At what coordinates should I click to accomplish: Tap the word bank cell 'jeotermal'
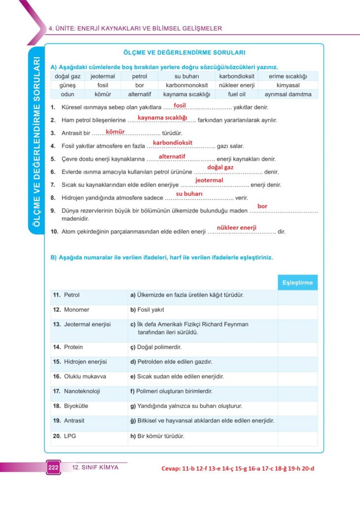(103, 76)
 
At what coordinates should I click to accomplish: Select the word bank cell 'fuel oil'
(237, 94)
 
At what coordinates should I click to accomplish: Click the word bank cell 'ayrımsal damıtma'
(288, 94)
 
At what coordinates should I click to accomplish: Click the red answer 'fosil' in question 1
(180, 105)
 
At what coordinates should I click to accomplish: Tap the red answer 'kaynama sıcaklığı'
(162, 117)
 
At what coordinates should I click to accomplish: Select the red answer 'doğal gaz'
(220, 167)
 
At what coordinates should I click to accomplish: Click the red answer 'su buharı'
(189, 194)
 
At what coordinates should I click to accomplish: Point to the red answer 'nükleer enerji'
(237, 227)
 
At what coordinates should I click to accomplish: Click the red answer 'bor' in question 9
(262, 206)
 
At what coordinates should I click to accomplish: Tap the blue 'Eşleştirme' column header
(297, 283)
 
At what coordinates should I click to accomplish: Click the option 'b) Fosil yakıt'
(147, 310)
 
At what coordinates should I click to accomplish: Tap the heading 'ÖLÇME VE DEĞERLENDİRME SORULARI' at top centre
(184, 52)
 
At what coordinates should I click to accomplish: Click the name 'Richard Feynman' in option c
(225, 325)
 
